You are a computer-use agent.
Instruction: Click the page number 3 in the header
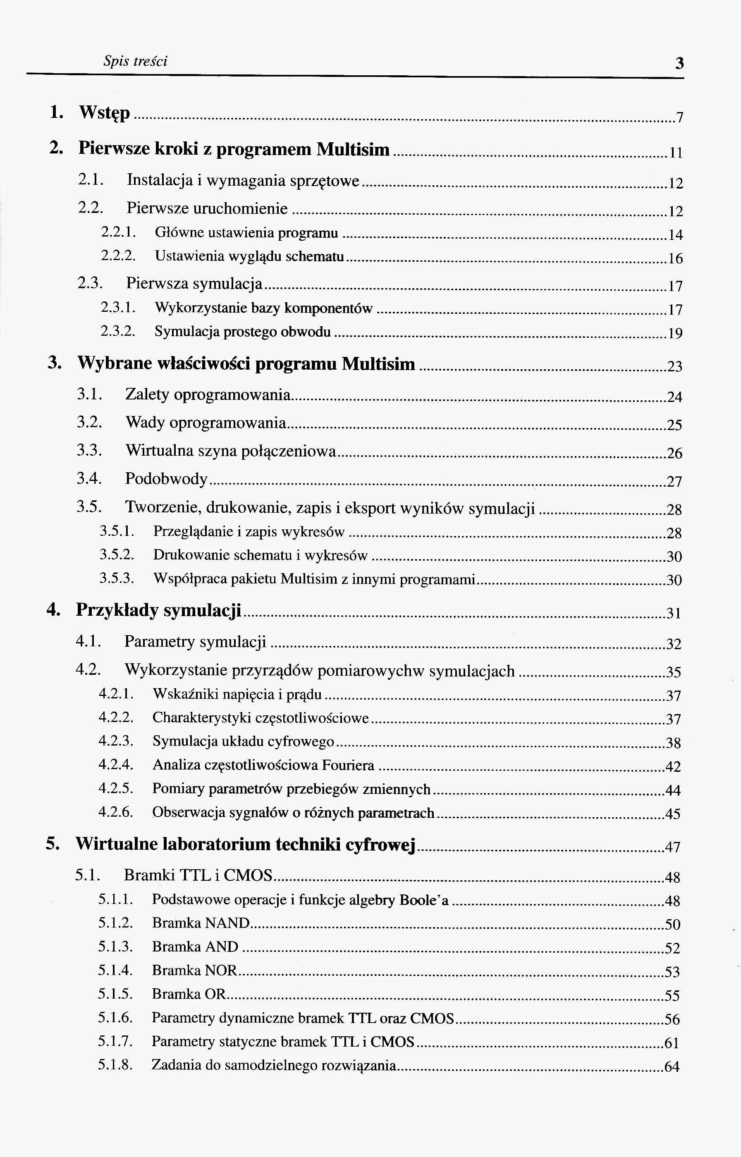679,63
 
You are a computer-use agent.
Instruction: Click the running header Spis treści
135,61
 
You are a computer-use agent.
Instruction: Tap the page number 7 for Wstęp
679,118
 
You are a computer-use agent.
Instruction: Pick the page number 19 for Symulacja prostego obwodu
675,333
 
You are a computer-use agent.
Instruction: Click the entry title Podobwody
166,479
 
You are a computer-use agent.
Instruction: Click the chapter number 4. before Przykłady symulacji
53,610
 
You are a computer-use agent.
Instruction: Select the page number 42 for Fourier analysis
673,766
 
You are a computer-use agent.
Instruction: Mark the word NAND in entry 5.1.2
227,923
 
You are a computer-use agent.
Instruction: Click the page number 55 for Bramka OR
672,995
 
